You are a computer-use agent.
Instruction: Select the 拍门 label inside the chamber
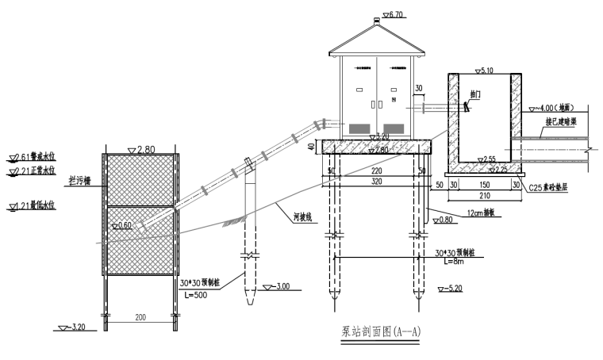tap(475, 94)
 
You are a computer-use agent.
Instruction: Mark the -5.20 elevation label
tap(455, 287)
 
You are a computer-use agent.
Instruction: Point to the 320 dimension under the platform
tap(376, 181)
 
